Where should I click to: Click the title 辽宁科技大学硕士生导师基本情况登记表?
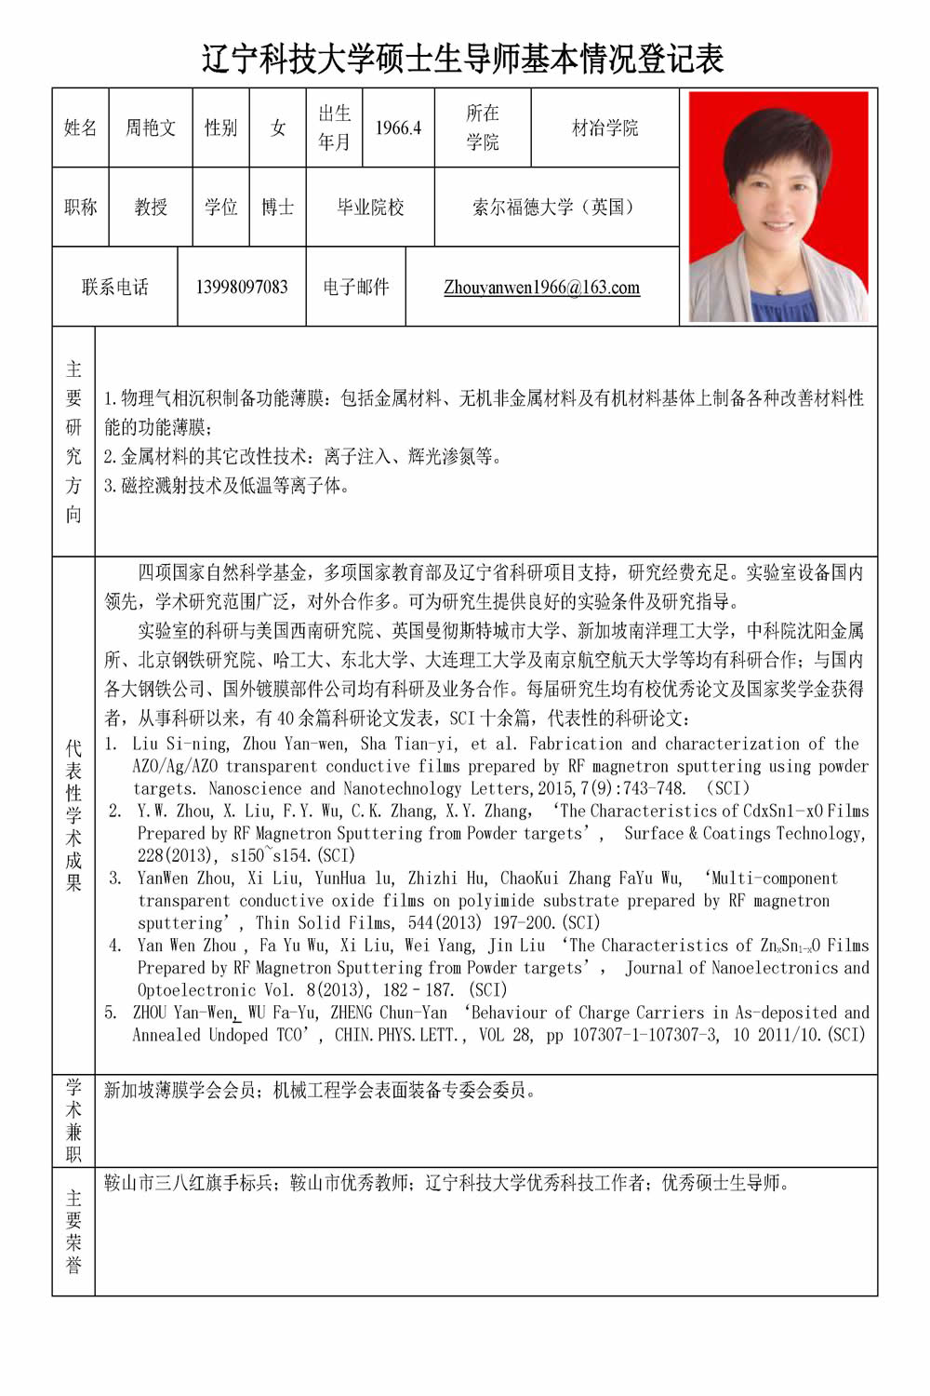463,59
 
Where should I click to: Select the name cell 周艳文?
151,128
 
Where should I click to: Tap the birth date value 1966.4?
398,128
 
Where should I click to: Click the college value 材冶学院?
604,128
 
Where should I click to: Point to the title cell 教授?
151,207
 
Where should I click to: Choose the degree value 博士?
277,207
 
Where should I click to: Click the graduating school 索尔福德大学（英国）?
556,207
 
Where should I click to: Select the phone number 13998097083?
242,287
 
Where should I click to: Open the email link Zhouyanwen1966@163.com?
541,287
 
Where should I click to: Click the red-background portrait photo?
778,207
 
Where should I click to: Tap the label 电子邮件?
356,287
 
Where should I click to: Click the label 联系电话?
115,287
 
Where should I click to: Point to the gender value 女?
277,128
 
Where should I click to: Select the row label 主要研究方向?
73,441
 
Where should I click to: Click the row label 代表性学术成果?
73,815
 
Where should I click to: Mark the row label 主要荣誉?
73,1230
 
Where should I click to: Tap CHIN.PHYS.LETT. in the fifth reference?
401,1034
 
